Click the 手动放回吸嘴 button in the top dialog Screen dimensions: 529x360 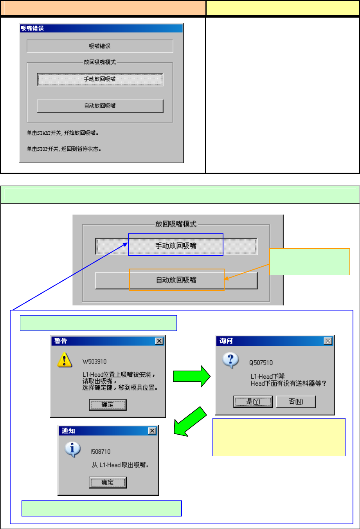100,79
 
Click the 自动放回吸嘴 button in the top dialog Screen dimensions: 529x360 100,106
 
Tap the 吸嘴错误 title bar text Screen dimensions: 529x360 32,28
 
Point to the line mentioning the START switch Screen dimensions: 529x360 63,133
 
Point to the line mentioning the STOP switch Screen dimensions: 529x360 64,149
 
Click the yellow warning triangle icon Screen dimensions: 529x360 64,359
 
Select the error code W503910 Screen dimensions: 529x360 94,361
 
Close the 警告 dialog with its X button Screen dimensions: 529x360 159,341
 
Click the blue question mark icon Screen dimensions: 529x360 230,360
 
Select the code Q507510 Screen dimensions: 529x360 261,363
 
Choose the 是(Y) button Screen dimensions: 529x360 253,402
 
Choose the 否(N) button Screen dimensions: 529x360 296,402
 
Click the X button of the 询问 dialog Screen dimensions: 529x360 328,341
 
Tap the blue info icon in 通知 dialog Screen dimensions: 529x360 73,450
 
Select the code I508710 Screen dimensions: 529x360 101,452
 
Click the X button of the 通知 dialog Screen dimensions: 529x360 152,431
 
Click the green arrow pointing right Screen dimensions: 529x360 192,376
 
